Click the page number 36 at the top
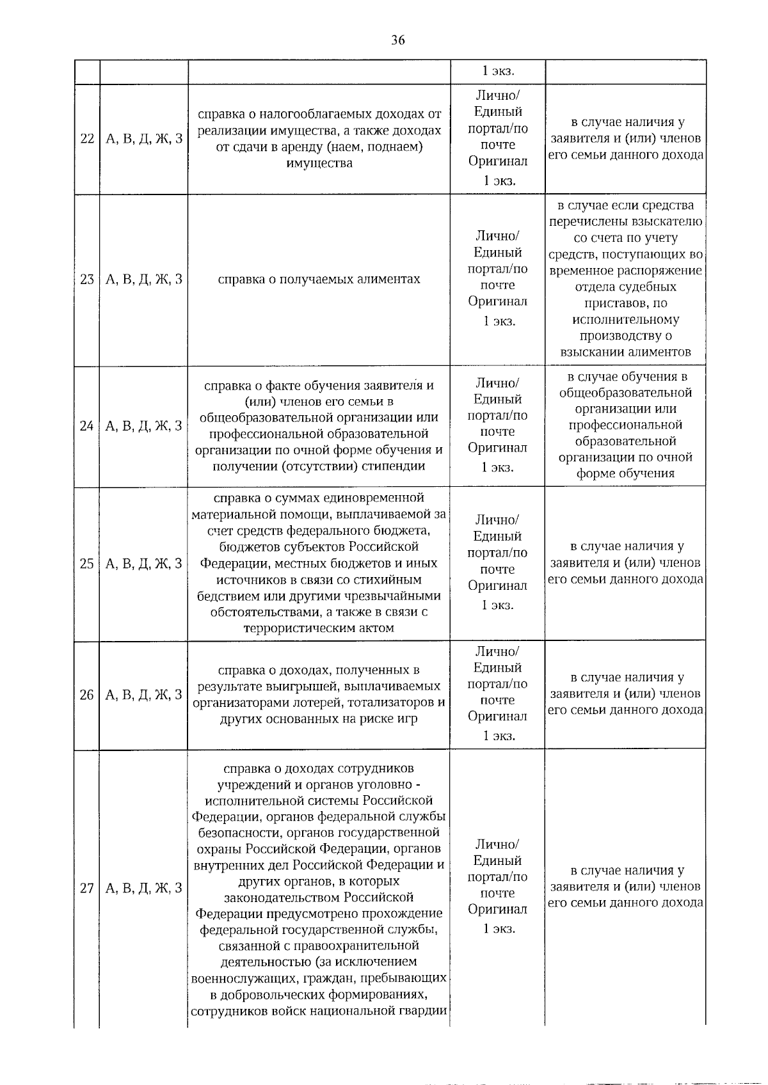click(x=397, y=40)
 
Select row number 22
click(x=87, y=139)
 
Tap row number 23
click(x=87, y=280)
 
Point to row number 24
click(x=87, y=426)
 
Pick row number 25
click(x=87, y=564)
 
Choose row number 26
click(x=87, y=695)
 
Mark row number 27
click(x=87, y=888)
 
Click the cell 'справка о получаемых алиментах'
click(x=319, y=280)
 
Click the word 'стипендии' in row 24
click(x=394, y=466)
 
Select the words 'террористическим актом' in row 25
click(x=319, y=628)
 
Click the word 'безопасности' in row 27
click(x=235, y=833)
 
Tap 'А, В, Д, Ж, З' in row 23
click(x=143, y=280)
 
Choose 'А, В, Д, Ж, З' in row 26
click(x=143, y=695)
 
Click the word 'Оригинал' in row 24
click(x=497, y=448)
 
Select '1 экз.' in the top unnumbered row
click(x=498, y=71)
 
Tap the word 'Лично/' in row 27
click(x=497, y=844)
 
